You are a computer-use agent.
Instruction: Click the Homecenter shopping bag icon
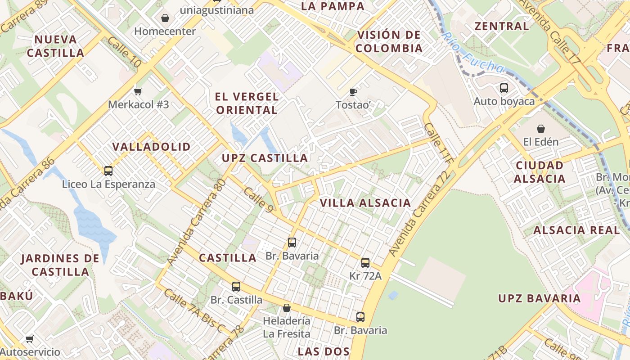165,18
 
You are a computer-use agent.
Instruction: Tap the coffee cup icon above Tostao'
353,92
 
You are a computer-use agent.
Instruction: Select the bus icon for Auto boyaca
504,88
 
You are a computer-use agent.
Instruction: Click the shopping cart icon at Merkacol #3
138,91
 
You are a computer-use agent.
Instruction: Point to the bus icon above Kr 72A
365,263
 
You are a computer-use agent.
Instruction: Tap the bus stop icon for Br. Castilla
236,287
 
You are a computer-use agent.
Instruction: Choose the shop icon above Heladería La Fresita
286,308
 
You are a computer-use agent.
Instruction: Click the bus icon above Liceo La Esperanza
108,171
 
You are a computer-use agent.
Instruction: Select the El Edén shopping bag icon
540,129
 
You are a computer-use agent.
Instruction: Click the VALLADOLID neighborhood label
152,147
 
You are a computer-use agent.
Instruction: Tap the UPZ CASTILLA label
265,158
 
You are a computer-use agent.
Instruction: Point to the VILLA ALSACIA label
365,203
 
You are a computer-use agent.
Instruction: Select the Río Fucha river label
472,53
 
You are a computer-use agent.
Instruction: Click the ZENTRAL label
502,26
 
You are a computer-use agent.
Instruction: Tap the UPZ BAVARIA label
539,298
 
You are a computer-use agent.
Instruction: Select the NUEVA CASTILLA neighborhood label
55,46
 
